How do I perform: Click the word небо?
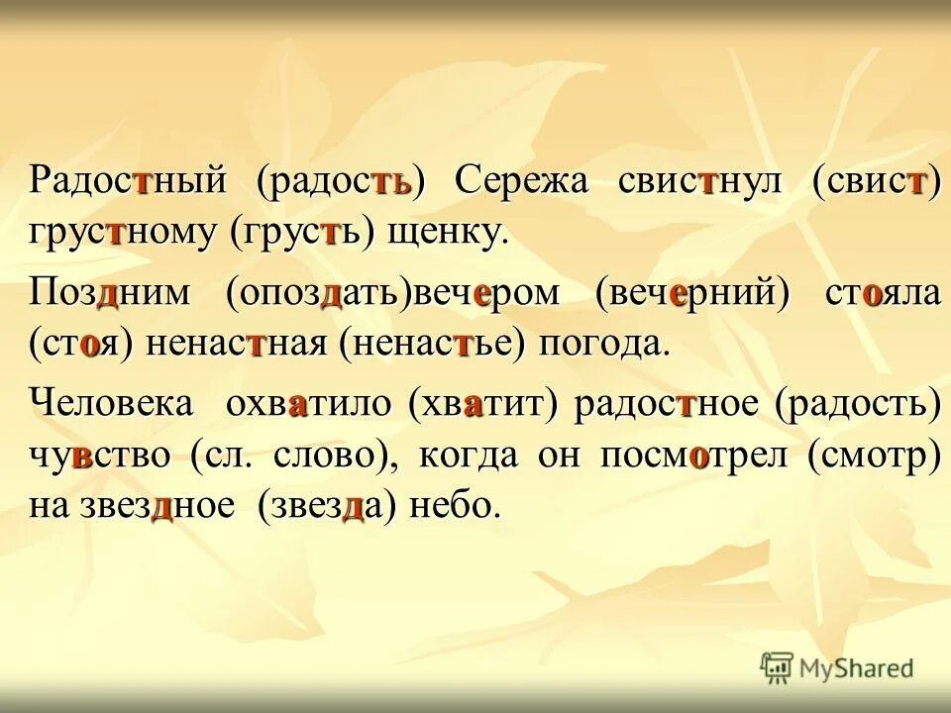(x=460, y=506)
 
